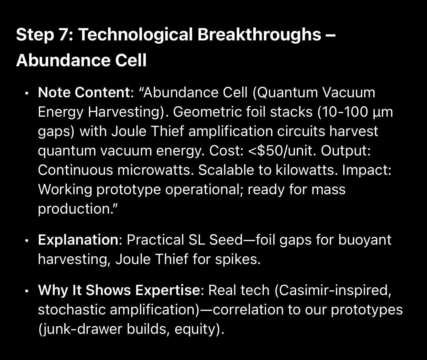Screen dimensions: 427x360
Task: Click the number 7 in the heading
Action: tap(64, 35)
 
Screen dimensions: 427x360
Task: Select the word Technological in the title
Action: tap(135, 36)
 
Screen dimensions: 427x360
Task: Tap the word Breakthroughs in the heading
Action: tap(259, 36)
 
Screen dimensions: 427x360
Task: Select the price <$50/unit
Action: tap(282, 151)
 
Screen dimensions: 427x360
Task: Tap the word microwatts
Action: tap(155, 170)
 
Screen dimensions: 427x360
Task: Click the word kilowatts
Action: tap(307, 170)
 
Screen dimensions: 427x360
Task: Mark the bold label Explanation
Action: tap(78, 240)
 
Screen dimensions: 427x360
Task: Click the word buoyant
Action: tap(365, 240)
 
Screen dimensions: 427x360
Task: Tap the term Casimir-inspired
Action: tap(333, 290)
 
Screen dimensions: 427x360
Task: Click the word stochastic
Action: tap(72, 310)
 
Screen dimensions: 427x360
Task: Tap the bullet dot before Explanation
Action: tap(27, 241)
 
